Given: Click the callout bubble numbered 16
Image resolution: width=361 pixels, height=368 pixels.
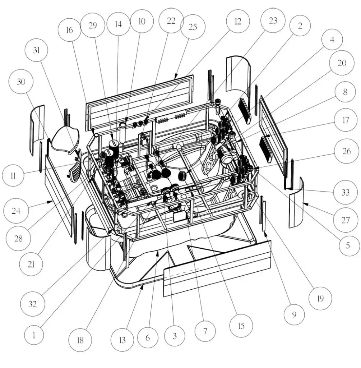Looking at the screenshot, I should pyautogui.click(x=70, y=29).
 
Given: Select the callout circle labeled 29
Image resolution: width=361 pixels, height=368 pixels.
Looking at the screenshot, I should pyautogui.click(x=92, y=25).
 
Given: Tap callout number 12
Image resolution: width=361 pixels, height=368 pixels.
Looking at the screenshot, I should pyautogui.click(x=237, y=22).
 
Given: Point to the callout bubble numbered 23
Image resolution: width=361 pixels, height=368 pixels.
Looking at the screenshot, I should pyautogui.click(x=273, y=20).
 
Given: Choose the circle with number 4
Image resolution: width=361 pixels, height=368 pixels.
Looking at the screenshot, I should pyautogui.click(x=332, y=40).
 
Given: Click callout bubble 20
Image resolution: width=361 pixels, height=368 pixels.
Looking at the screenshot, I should pyautogui.click(x=342, y=63).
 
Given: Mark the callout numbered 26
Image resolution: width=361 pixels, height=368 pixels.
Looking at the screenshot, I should pyautogui.click(x=346, y=151).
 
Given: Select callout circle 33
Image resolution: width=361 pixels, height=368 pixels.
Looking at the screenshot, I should pyautogui.click(x=345, y=192).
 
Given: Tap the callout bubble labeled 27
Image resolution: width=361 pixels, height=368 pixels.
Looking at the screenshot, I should pyautogui.click(x=345, y=219).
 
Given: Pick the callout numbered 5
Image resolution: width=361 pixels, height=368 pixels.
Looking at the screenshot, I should pyautogui.click(x=347, y=245).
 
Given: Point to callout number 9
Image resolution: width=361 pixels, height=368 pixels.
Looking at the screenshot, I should pyautogui.click(x=294, y=314).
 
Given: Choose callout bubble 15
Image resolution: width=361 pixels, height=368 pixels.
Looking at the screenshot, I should pyautogui.click(x=241, y=326).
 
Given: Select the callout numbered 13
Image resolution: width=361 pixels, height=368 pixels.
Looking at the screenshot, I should pyautogui.click(x=122, y=339).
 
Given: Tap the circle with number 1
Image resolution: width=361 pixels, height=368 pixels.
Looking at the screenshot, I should pyautogui.click(x=34, y=335).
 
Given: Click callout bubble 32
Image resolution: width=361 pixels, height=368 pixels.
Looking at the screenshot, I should pyautogui.click(x=32, y=304).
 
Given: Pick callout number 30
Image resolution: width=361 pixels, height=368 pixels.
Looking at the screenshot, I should pyautogui.click(x=21, y=82).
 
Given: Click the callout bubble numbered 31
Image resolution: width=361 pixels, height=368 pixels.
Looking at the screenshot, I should pyautogui.click(x=36, y=50).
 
